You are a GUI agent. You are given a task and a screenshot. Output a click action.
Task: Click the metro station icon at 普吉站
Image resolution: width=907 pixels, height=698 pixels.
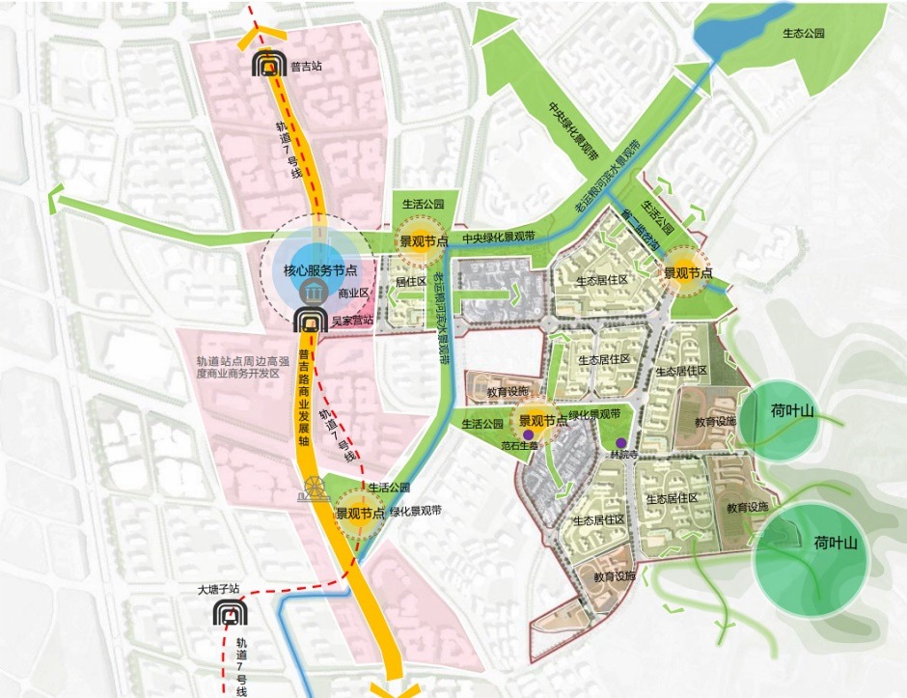(267, 66)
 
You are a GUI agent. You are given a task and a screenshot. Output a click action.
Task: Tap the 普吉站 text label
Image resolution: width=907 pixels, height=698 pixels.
(306, 68)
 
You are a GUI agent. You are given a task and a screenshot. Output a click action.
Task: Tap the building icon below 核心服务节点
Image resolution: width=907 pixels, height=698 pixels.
(310, 294)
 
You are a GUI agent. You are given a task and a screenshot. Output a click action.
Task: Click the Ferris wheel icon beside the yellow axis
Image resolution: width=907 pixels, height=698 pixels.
(313, 489)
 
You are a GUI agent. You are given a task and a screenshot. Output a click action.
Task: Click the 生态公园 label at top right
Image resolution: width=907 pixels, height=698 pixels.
(806, 33)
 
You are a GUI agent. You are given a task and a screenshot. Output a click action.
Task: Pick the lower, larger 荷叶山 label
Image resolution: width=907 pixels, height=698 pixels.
(836, 542)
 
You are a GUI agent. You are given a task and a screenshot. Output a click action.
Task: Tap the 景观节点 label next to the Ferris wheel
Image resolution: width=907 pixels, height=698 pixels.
(360, 515)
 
